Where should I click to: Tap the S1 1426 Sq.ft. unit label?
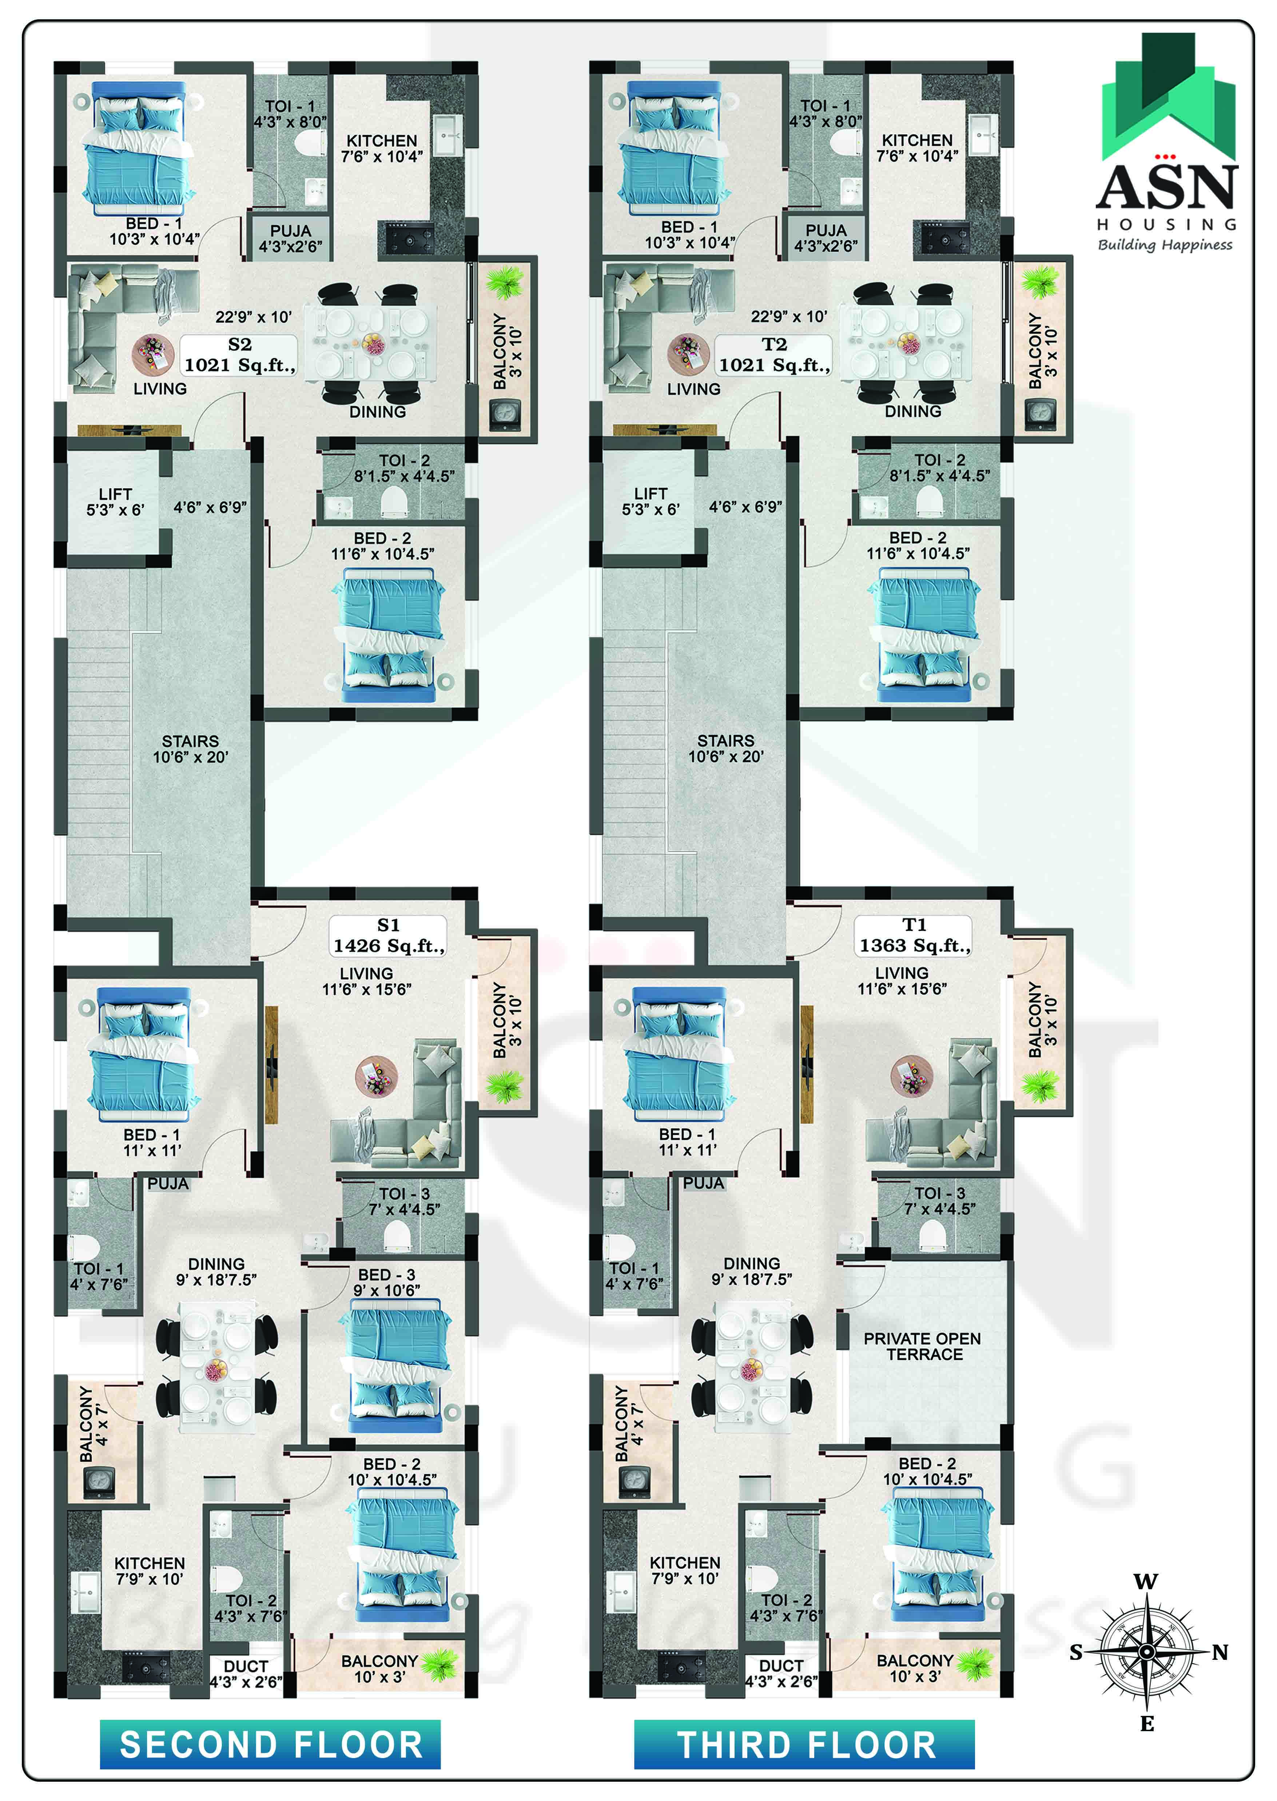pyautogui.click(x=389, y=935)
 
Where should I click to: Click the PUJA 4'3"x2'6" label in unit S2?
pyautogui.click(x=290, y=238)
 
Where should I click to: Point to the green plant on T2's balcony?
pyautogui.click(x=1041, y=281)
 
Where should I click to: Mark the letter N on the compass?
pyautogui.click(x=1220, y=1652)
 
